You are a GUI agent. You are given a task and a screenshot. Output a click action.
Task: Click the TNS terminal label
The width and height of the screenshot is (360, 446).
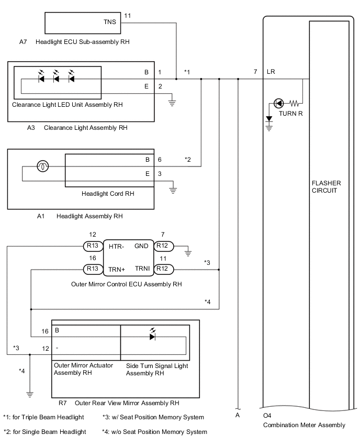click(x=110, y=23)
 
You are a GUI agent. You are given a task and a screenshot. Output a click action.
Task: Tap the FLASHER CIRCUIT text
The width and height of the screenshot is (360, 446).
click(x=326, y=187)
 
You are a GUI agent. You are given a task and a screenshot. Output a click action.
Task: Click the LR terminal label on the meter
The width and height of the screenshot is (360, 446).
click(x=271, y=72)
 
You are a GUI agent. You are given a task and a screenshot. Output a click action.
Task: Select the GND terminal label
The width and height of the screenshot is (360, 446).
click(x=141, y=246)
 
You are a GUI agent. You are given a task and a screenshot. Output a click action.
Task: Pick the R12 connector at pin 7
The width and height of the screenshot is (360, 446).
click(x=163, y=246)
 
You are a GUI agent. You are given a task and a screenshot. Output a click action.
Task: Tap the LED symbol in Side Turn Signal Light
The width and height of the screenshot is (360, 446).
click(x=152, y=337)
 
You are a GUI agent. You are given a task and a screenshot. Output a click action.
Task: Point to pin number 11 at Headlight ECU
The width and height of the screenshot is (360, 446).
click(x=128, y=16)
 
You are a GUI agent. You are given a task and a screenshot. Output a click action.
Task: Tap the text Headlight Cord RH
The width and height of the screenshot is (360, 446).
click(x=108, y=193)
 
